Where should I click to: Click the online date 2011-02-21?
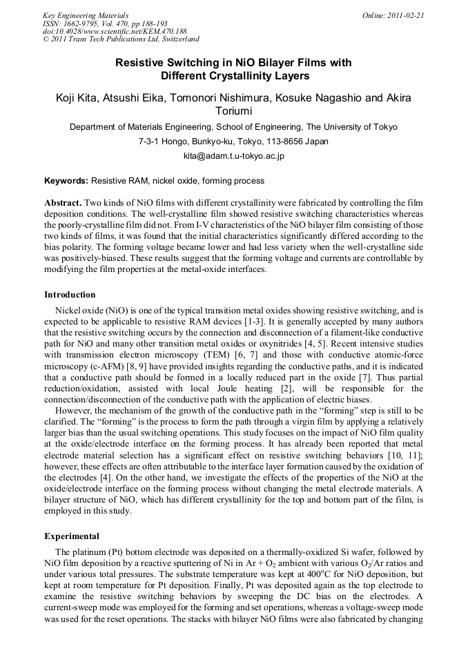[x=407, y=14]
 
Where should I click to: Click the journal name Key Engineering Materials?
[x=86, y=14]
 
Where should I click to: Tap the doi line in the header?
[x=115, y=31]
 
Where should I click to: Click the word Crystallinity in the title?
[x=237, y=76]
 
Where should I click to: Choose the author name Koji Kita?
[x=77, y=98]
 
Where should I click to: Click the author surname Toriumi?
[x=233, y=111]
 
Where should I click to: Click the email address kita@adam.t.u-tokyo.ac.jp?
[x=233, y=156]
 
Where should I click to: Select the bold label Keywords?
[x=66, y=181]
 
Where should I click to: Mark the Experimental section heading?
[x=72, y=536]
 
